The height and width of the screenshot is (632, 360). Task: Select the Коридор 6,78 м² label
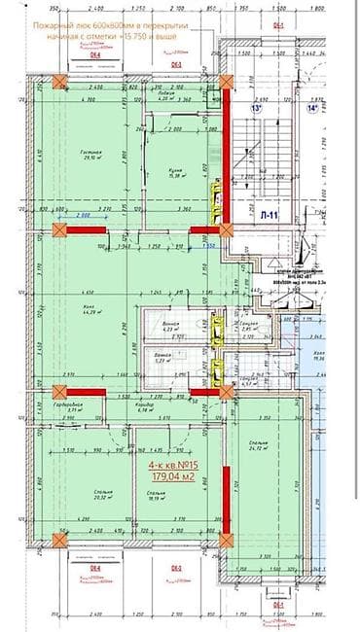pyautogui.click(x=148, y=408)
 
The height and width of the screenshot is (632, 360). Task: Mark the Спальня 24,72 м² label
pyautogui.click(x=258, y=447)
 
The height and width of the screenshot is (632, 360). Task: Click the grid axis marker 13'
pyautogui.click(x=259, y=109)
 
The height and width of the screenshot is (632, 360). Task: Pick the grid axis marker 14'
pyautogui.click(x=312, y=109)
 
